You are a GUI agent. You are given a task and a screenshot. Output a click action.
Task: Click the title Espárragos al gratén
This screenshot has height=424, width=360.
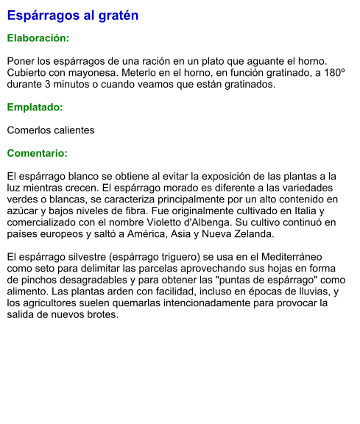point(73,15)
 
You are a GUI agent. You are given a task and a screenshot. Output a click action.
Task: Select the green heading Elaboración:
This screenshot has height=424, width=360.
point(38,38)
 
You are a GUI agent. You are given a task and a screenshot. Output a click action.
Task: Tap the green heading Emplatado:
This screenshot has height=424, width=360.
point(35,107)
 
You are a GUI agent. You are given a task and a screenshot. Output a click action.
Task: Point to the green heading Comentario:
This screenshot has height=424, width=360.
point(37,153)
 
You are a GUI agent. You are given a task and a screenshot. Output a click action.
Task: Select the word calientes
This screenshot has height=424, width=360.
point(71,130)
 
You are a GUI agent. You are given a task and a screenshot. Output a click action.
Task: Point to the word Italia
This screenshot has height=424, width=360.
point(295,211)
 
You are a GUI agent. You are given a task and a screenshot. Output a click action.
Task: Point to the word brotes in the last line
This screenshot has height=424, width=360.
point(102,315)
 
